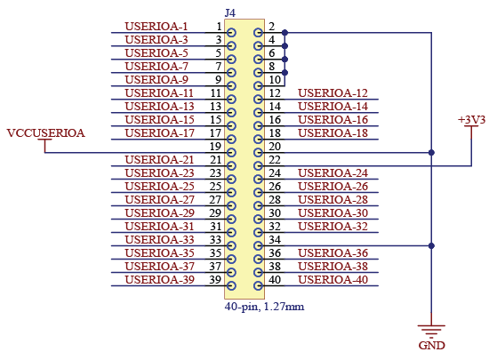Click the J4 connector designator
click(229, 13)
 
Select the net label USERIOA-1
click(156, 27)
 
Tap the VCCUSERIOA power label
click(45, 132)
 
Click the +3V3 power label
click(471, 120)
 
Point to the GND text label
click(431, 346)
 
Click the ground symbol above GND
click(431, 330)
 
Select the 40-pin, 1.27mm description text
click(264, 307)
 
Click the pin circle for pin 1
click(231, 33)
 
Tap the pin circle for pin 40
click(258, 286)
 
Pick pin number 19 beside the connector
click(215, 147)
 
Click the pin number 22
click(275, 160)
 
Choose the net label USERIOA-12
click(333, 93)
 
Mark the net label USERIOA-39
click(159, 280)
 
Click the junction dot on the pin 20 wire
click(431, 153)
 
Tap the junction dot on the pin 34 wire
click(431, 245)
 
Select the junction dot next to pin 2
click(285, 33)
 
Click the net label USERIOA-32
click(333, 227)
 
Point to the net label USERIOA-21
click(159, 160)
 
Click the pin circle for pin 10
click(258, 86)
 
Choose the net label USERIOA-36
click(333, 253)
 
